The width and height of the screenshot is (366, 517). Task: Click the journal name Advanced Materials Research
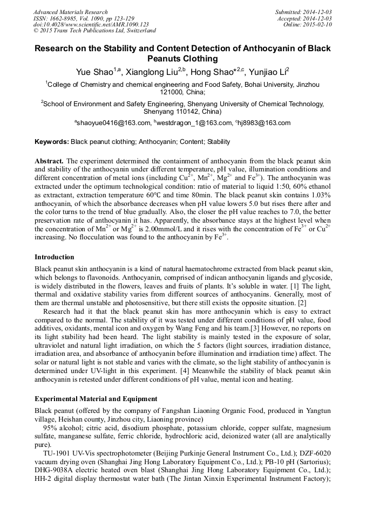point(70,12)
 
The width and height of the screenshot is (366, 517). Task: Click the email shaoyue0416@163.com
point(115,123)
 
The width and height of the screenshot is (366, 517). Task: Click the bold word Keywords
point(51,142)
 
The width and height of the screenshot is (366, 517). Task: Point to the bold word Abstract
point(49,161)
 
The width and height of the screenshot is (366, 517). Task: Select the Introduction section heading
point(55,257)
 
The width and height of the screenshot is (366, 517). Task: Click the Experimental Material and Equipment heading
point(96,399)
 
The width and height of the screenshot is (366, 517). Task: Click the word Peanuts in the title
point(168,59)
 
